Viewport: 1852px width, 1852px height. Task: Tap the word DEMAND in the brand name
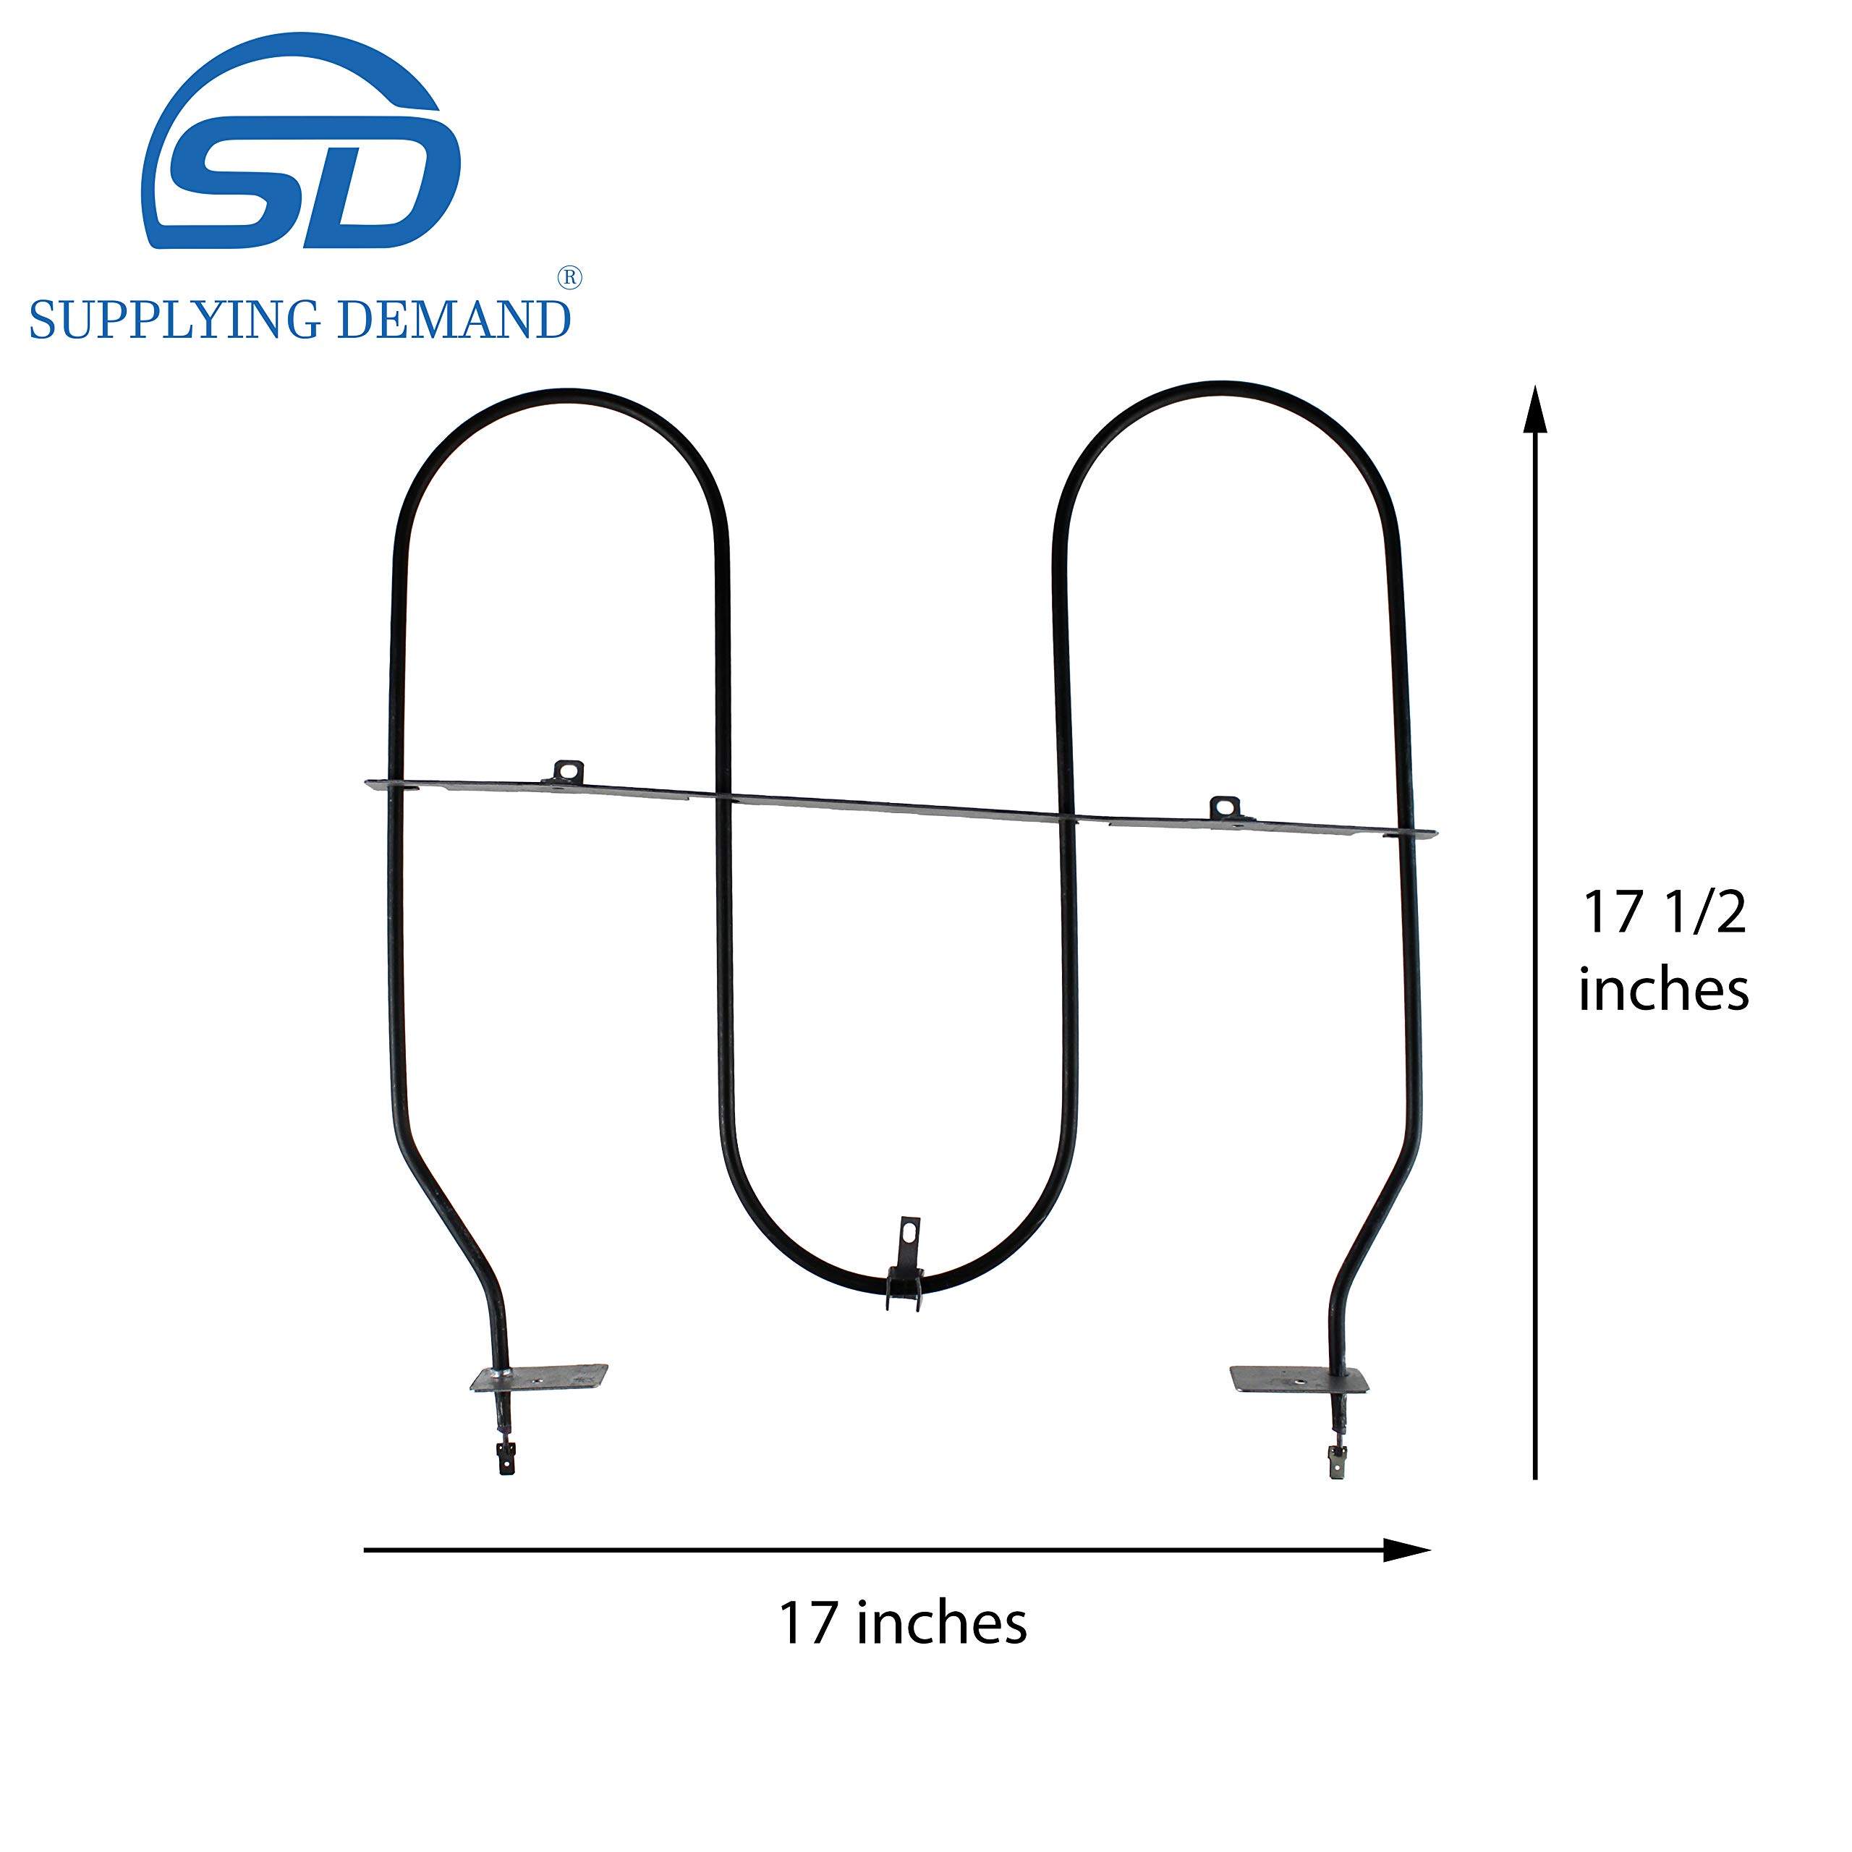455,319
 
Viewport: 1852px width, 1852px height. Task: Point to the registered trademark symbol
569,278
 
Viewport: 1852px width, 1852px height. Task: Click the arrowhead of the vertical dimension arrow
1536,407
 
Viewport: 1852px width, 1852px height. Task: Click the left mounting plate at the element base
540,1378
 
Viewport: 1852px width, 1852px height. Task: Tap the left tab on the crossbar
569,770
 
